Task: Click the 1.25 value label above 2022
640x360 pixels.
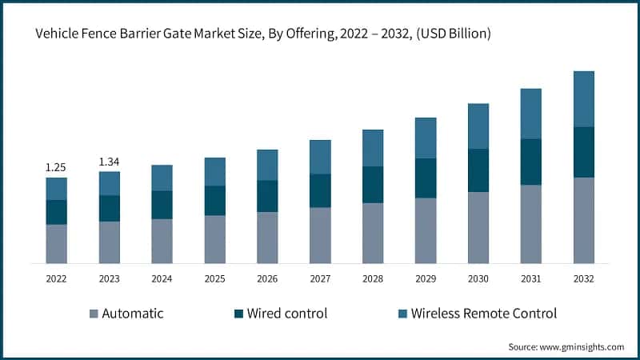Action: tap(56, 167)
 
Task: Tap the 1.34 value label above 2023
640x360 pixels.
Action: tap(109, 162)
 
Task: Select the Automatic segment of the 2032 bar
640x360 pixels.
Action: tap(584, 220)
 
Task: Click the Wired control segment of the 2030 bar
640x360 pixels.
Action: tap(478, 170)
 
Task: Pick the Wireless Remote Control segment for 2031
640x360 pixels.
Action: tap(531, 114)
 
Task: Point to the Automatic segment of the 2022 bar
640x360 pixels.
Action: tap(56, 244)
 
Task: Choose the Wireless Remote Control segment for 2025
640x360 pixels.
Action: tap(214, 172)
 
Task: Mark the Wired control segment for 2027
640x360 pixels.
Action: tap(320, 190)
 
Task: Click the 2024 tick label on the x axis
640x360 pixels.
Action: tap(162, 279)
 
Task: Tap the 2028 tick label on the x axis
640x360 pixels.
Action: tap(373, 279)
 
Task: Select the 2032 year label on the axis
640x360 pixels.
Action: tap(584, 279)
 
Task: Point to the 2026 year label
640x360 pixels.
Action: tap(267, 279)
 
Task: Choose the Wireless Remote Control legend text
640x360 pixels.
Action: tap(483, 313)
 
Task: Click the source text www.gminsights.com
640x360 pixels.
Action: tap(583, 346)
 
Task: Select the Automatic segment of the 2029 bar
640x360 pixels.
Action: tap(426, 230)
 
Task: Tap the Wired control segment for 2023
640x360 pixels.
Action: tap(109, 208)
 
